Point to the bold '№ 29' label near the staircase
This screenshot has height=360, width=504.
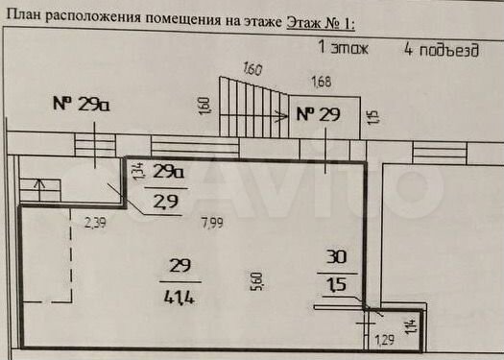tap(318, 114)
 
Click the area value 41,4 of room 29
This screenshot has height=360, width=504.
tap(179, 297)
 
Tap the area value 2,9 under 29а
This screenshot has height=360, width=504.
tap(168, 201)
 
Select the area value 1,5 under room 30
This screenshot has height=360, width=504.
tap(338, 284)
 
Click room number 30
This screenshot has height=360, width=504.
tap(338, 258)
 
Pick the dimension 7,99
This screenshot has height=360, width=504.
tap(213, 224)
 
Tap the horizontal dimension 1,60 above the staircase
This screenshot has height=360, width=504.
tap(253, 68)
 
